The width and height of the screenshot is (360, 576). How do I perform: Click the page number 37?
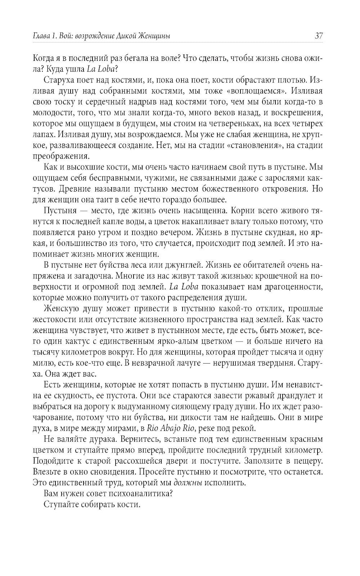pos(318,36)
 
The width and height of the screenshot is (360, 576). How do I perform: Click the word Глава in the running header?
pos(41,36)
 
